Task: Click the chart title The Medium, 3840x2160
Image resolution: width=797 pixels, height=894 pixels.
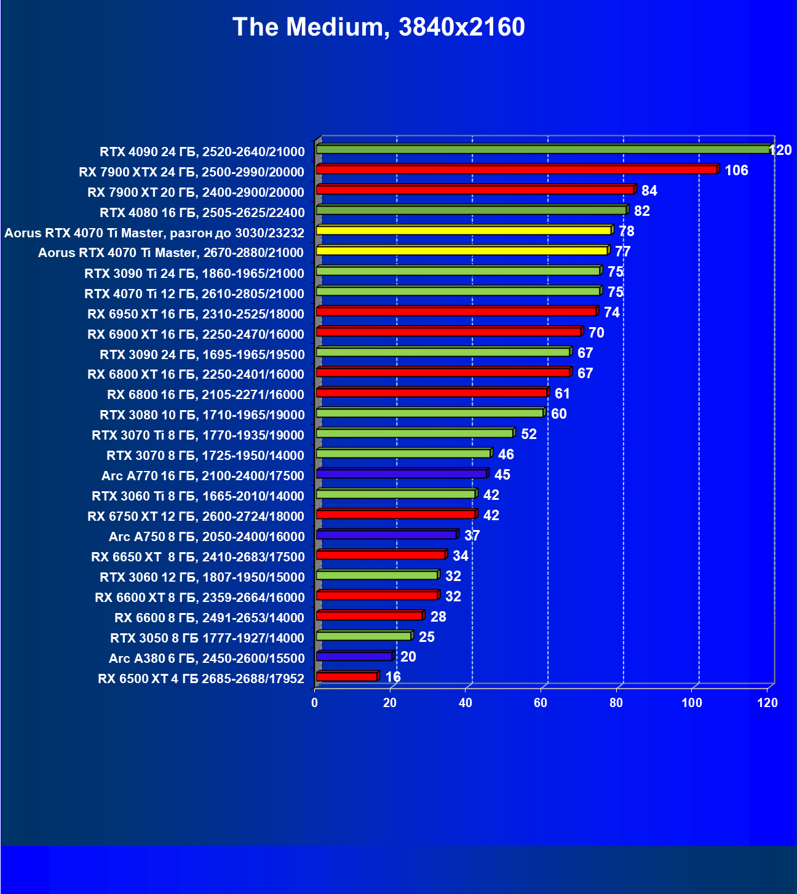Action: [379, 28]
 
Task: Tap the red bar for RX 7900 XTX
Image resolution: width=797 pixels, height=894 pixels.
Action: [517, 170]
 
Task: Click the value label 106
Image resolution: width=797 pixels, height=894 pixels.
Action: [736, 170]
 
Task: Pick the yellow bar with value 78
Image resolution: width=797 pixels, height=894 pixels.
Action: [464, 231]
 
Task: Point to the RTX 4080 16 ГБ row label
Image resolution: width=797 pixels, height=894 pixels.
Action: [202, 213]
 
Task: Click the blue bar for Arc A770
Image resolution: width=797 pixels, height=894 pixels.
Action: [401, 474]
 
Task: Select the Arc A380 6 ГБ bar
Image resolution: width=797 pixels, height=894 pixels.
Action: [354, 657]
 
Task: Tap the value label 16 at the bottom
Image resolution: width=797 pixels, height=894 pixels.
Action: [393, 677]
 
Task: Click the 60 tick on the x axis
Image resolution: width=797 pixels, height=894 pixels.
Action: [541, 703]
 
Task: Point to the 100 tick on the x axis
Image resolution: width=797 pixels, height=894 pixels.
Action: [692, 703]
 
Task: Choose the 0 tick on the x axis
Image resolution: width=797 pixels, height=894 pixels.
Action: [315, 703]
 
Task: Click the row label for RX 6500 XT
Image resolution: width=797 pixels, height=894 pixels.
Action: [201, 679]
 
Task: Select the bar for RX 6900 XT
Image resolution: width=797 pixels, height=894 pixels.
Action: [448, 332]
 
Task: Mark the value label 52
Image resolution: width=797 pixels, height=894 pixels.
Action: [528, 434]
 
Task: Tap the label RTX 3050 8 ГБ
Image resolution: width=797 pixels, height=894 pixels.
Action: [207, 638]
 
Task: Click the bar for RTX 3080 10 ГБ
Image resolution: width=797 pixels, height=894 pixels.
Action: [430, 413]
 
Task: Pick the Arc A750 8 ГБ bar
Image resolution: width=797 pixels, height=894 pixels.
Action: [386, 535]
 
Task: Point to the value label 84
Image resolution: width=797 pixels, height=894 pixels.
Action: [649, 191]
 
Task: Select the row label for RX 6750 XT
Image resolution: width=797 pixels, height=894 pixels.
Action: [196, 516]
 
